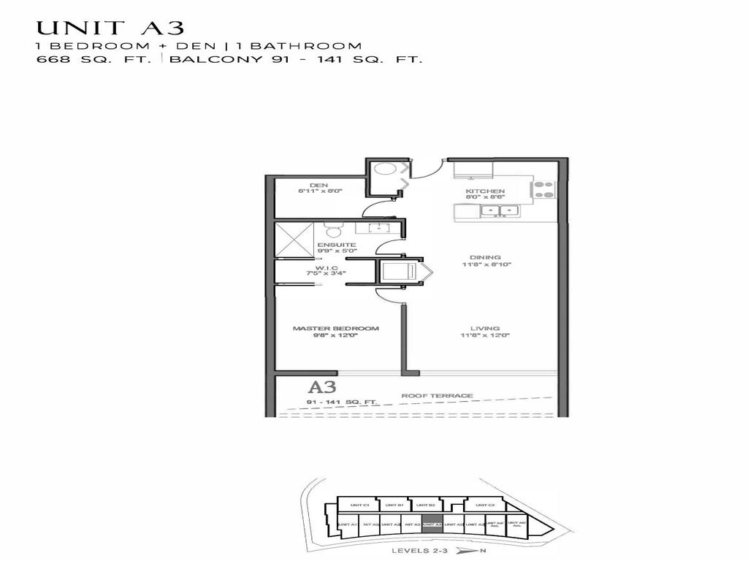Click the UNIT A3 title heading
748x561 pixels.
click(x=110, y=28)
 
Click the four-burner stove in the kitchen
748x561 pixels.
click(x=543, y=189)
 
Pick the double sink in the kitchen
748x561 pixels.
click(x=500, y=211)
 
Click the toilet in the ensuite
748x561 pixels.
click(x=332, y=232)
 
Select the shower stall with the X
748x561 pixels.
click(x=294, y=239)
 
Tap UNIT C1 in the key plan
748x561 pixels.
click(x=359, y=505)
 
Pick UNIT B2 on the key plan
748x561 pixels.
click(x=427, y=505)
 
